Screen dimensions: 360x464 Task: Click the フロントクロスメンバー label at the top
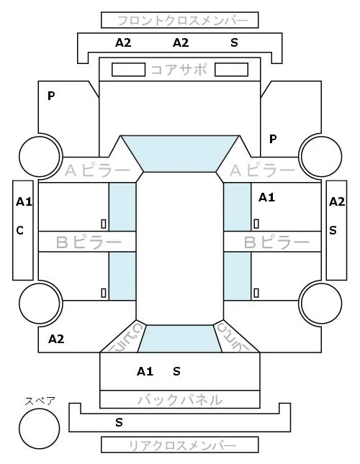pyautogui.click(x=182, y=21)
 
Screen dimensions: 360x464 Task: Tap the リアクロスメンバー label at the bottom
pyautogui.click(x=182, y=445)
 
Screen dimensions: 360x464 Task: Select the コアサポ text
pyautogui.click(x=179, y=70)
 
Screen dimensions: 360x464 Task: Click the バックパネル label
pyautogui.click(x=180, y=400)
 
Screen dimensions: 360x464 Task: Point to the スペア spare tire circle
pyautogui.click(x=40, y=429)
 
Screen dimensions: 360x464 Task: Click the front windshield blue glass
pyautogui.click(x=180, y=154)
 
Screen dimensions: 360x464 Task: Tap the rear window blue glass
pyautogui.click(x=180, y=339)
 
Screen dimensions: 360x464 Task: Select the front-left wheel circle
pyautogui.click(x=40, y=156)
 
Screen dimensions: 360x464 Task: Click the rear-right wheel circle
pyautogui.click(x=321, y=303)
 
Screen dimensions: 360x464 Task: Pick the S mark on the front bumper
pyautogui.click(x=234, y=43)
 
